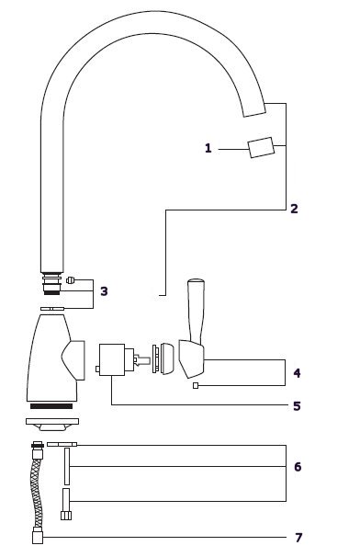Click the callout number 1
coord(208,148)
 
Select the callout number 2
coord(294,209)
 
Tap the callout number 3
coord(104,291)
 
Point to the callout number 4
coord(297,373)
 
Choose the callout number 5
coord(297,406)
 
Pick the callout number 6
coord(298,466)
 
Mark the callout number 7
coord(298,538)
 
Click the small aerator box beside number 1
coord(262,147)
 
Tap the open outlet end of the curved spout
coord(254,110)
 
